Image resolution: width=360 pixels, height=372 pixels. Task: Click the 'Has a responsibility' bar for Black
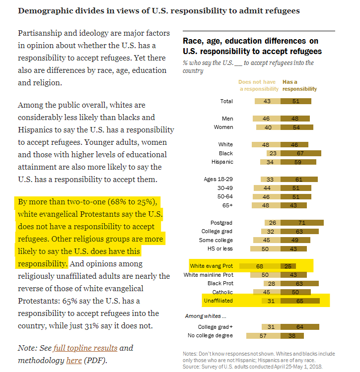click(300, 153)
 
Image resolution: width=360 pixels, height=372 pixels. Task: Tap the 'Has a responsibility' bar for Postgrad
click(302, 223)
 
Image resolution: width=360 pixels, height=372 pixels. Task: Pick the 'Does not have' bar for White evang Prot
click(260, 266)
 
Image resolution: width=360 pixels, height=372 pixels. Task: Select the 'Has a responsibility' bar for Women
click(297, 127)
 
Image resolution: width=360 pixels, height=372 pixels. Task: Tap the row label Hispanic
click(222, 162)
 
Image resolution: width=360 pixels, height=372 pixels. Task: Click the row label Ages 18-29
click(218, 179)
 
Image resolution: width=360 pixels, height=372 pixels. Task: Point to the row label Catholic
click(222, 292)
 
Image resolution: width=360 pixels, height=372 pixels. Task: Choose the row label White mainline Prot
click(209, 275)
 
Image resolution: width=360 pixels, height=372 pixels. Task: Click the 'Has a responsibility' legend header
click(299, 85)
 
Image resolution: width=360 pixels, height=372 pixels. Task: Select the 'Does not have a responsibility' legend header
click(258, 85)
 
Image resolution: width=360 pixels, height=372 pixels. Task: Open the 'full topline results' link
click(85, 348)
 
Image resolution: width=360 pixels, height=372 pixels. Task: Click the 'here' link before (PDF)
click(73, 361)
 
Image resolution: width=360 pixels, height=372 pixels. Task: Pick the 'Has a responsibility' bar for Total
click(296, 101)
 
